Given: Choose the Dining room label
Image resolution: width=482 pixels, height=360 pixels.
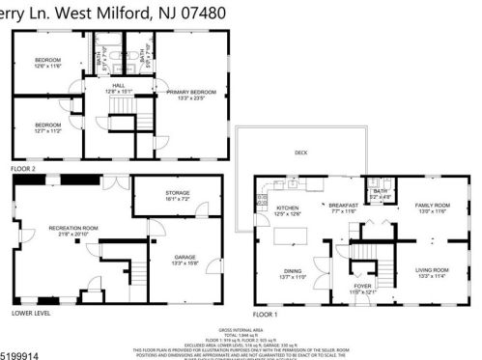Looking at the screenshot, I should pyautogui.click(x=293, y=273).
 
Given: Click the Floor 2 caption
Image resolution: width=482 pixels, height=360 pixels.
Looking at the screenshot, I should pyautogui.click(x=22, y=169).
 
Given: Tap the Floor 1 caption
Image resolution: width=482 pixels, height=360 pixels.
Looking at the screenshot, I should pyautogui.click(x=265, y=314).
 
